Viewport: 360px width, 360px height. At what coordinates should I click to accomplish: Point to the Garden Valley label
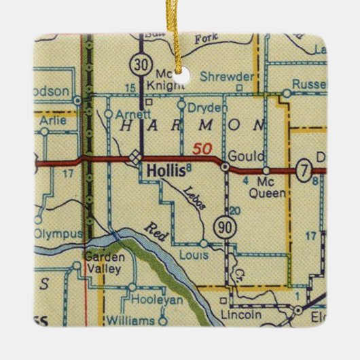point(103,263)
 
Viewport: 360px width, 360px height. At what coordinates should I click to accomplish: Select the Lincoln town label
point(240,315)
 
